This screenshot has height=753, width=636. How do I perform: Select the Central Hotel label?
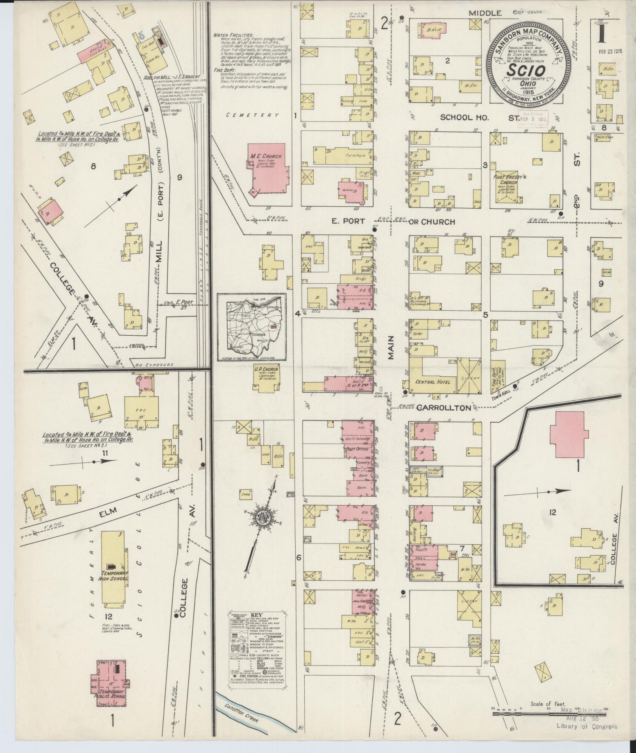(432, 382)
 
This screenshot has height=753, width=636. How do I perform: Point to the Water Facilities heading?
(239, 35)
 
